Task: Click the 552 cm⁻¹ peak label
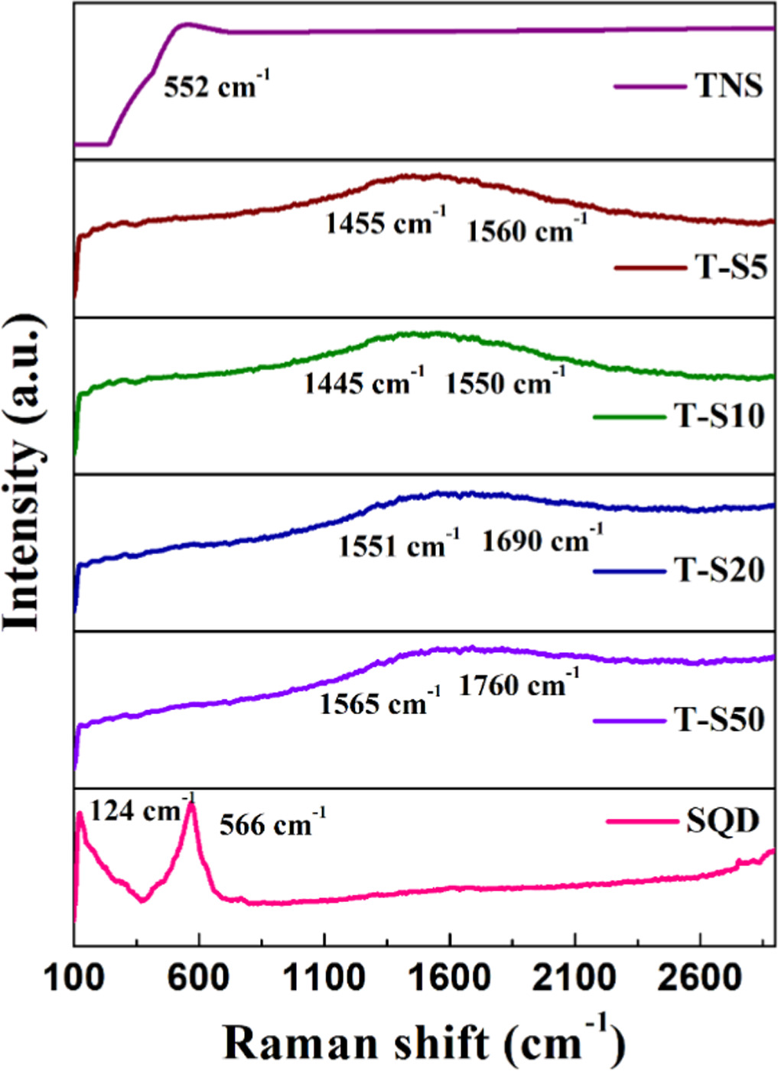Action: (216, 84)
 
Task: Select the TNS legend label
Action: (728, 85)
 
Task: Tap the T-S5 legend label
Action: (731, 268)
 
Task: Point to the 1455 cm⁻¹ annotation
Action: (385, 222)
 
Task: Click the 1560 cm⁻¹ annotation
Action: (527, 229)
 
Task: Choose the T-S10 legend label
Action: (719, 416)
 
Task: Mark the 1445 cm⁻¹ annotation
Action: (364, 381)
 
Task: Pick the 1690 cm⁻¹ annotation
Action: (542, 540)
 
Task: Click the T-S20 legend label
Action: (719, 570)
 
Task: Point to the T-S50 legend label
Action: (719, 719)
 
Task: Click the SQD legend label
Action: (722, 821)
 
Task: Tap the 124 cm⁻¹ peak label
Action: (142, 810)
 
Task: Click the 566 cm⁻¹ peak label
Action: (272, 824)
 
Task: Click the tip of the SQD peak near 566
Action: (192, 803)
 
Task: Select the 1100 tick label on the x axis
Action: (324, 978)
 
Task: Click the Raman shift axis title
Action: (425, 1041)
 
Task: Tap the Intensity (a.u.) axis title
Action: (23, 472)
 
